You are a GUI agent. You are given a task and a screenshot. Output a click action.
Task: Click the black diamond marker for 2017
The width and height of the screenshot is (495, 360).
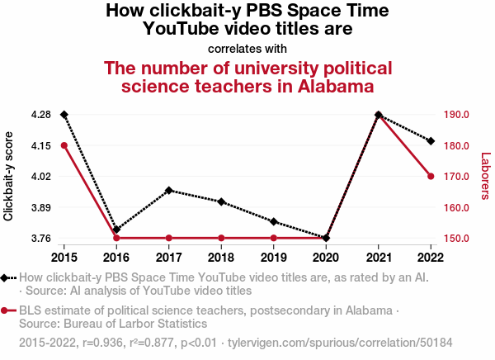click(x=169, y=191)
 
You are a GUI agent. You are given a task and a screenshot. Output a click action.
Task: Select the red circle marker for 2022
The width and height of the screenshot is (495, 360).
click(x=431, y=176)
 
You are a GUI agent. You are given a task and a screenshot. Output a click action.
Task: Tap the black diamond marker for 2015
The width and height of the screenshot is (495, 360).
click(x=64, y=114)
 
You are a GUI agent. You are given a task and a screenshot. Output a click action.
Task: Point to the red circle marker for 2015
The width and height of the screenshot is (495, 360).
click(x=64, y=145)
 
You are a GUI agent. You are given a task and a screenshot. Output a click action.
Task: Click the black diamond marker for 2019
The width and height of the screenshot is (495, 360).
click(x=274, y=222)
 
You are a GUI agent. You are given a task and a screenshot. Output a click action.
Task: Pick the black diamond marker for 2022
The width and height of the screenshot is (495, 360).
click(x=431, y=141)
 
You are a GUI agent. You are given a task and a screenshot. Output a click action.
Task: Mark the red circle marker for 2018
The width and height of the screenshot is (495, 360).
click(x=221, y=238)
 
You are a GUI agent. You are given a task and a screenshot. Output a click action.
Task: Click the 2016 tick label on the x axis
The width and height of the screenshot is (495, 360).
click(x=116, y=254)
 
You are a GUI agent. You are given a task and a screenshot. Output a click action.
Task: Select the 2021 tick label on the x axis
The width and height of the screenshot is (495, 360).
click(x=378, y=254)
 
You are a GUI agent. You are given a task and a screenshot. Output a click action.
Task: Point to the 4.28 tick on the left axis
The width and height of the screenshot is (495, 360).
click(x=40, y=114)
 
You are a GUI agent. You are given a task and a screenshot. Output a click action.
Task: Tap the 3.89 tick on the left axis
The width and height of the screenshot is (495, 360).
click(x=40, y=207)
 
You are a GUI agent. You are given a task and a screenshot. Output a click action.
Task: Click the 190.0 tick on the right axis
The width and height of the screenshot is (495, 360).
click(x=456, y=114)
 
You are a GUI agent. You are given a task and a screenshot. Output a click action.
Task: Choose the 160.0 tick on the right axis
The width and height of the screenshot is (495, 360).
click(x=456, y=207)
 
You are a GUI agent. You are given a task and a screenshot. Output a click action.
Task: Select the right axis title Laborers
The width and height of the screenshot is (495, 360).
click(x=485, y=176)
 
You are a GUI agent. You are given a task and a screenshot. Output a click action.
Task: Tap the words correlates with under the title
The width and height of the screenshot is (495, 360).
click(x=247, y=48)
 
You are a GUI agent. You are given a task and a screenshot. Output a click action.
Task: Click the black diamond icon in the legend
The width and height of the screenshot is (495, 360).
click(x=7, y=278)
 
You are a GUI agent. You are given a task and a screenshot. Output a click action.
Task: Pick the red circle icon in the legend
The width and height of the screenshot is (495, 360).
click(x=7, y=310)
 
